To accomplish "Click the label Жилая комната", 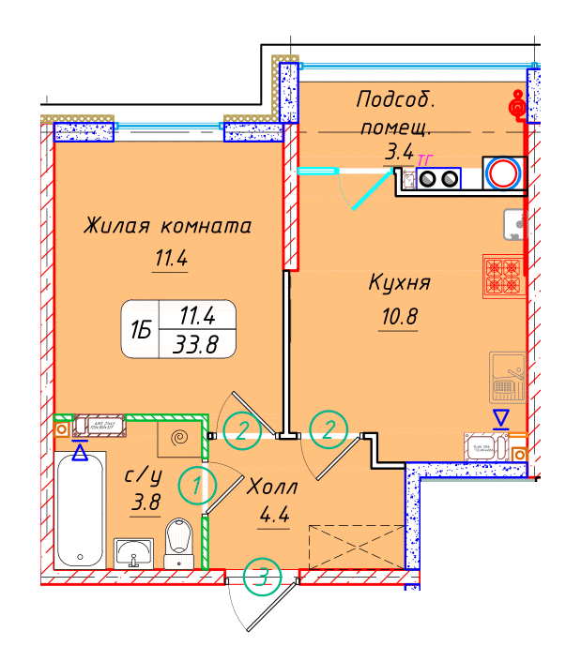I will tap(167, 226).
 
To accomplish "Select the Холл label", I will tap(272, 488).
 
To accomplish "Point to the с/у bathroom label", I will tap(145, 476).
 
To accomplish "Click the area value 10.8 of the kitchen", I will tap(397, 316).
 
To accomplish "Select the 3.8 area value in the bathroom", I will tap(145, 503).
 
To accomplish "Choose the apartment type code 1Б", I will tap(141, 328).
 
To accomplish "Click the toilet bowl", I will tap(177, 543).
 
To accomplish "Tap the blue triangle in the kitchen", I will tap(502, 418).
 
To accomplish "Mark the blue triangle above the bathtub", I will tap(82, 453).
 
